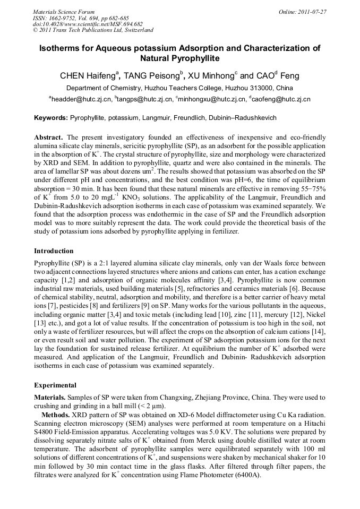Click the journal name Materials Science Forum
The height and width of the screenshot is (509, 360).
click(x=64, y=12)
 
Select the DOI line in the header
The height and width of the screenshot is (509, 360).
click(x=88, y=24)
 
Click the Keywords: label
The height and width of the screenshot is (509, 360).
click(x=51, y=117)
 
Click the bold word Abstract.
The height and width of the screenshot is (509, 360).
click(x=49, y=137)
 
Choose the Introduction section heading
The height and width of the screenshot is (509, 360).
click(x=54, y=251)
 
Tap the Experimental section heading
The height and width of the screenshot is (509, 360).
click(x=55, y=385)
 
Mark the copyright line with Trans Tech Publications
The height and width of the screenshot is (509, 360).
click(x=93, y=30)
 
